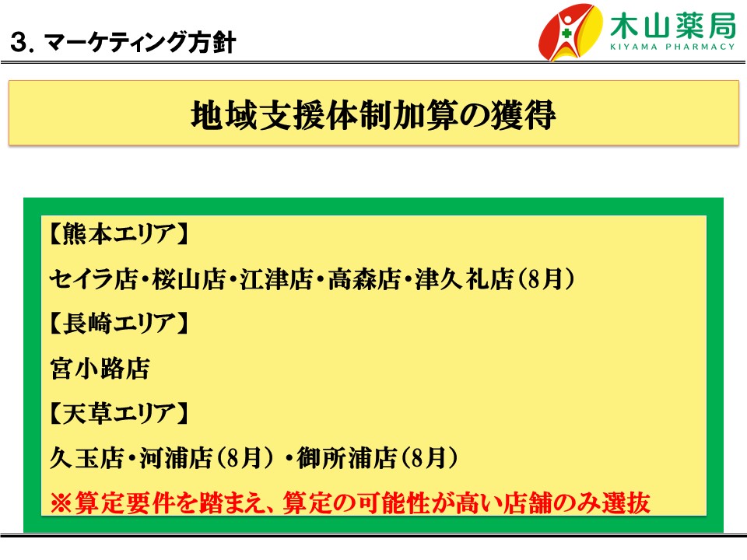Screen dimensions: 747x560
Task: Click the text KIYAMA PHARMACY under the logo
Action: (672, 47)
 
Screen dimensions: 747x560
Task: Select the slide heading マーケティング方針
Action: (140, 42)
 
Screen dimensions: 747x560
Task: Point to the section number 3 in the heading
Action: (19, 42)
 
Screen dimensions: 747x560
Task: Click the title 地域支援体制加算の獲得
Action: (373, 115)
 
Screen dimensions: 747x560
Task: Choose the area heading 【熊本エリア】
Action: (119, 233)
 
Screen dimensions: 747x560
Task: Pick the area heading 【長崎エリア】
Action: (119, 323)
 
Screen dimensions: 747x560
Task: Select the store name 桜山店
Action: (188, 278)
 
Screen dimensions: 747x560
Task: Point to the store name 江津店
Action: (276, 278)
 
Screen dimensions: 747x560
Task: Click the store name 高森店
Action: (364, 278)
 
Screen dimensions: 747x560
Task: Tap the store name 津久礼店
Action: (464, 278)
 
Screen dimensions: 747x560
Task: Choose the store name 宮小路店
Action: (100, 368)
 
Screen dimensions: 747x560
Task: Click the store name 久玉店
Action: (86, 457)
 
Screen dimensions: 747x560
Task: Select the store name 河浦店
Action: (176, 457)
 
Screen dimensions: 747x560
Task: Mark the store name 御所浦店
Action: (347, 457)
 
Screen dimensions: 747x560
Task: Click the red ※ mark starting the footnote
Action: (61, 502)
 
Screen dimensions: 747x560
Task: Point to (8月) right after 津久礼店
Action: (544, 278)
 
